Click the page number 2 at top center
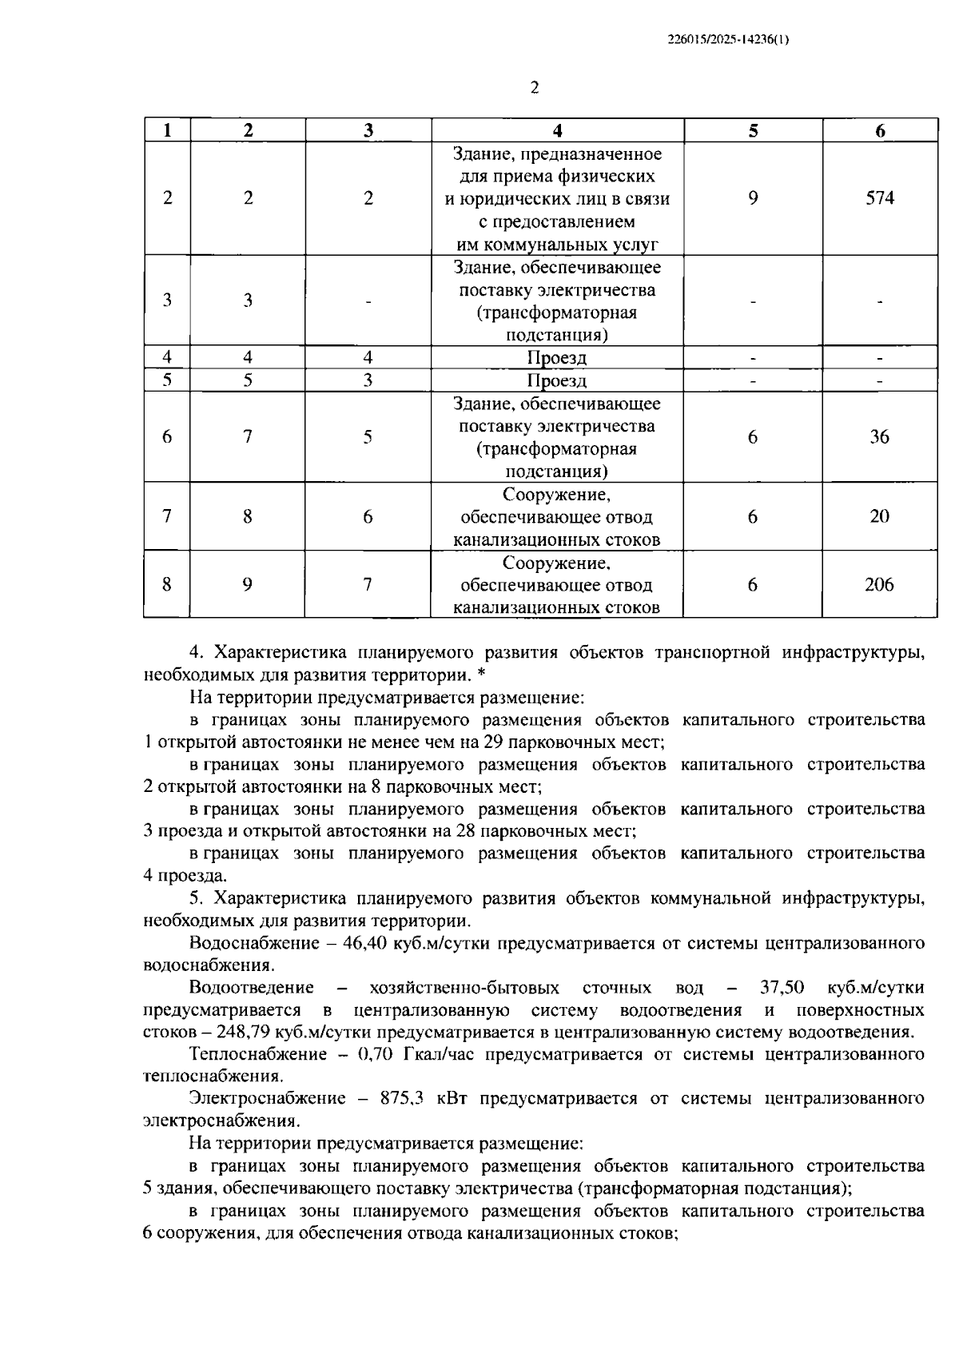pos(535,87)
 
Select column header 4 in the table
pos(557,131)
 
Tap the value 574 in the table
pos(879,198)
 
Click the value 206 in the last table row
pos(879,585)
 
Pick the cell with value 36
pos(879,437)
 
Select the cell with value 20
pos(879,516)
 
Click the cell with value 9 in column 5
pos(753,198)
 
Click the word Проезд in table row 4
pos(557,358)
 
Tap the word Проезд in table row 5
pos(557,380)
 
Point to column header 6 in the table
pos(879,131)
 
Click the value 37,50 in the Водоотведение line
pos(782,988)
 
